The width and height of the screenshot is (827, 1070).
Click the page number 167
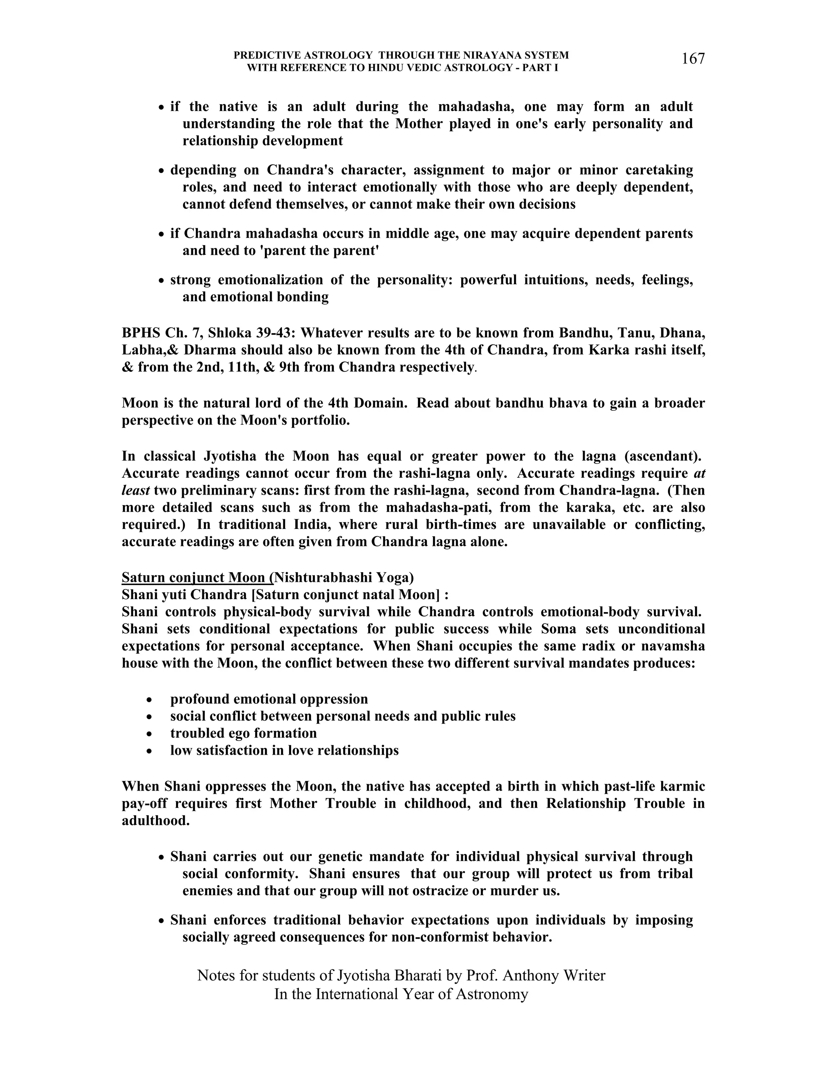(x=693, y=59)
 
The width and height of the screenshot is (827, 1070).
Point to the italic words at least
(x=135, y=491)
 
